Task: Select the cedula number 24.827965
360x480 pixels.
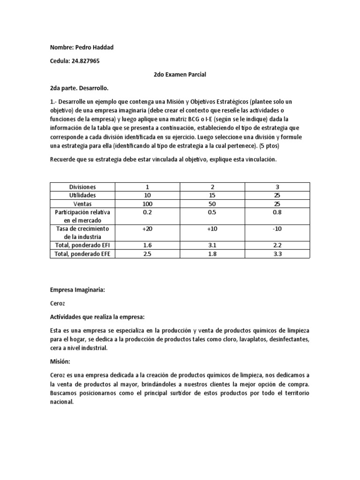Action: (85, 61)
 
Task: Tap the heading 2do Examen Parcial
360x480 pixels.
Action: (180, 75)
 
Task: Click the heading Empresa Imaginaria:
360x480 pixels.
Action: (77, 290)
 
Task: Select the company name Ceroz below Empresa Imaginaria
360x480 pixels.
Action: (59, 303)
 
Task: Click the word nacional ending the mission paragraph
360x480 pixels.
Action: (61, 402)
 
